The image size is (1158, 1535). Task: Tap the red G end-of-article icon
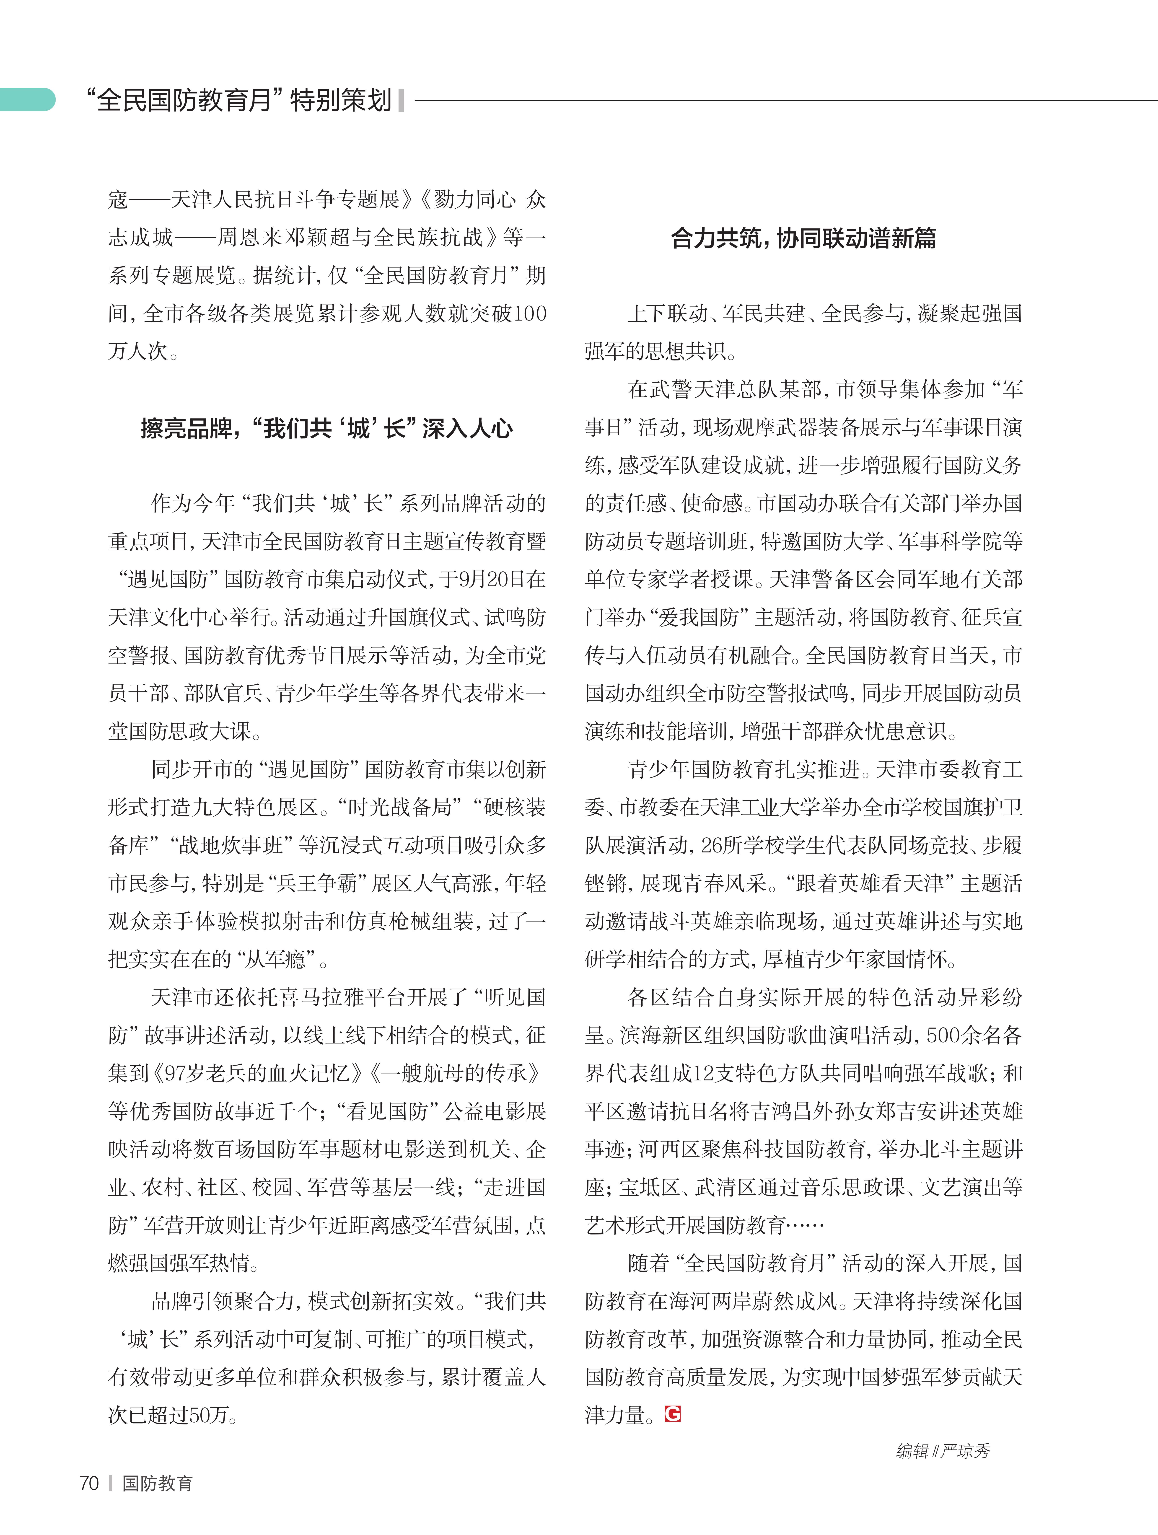(672, 1413)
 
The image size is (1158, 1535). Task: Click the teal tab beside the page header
(28, 100)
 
